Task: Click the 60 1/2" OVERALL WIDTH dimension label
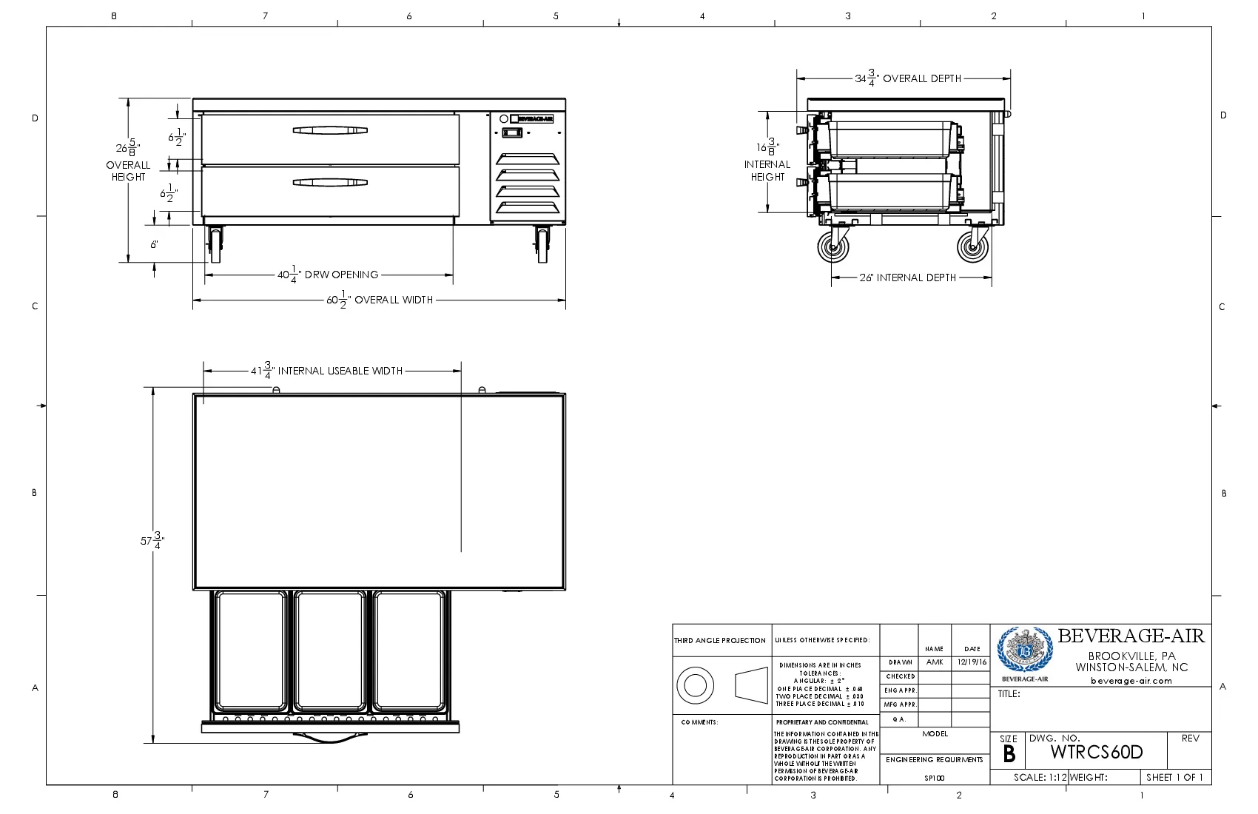[x=380, y=300]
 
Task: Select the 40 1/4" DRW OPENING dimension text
[x=328, y=275]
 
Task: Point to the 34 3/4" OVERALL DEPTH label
[x=908, y=78]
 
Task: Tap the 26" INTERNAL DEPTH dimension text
[x=908, y=277]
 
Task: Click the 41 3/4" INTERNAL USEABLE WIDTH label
[x=326, y=371]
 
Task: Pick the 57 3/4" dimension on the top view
[x=152, y=541]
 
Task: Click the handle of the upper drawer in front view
[x=330, y=130]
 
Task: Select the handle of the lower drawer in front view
[x=330, y=182]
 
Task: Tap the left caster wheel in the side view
[x=834, y=246]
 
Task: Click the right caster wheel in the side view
[x=973, y=246]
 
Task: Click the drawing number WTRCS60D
[x=1097, y=753]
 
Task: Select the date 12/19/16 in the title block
[x=972, y=662]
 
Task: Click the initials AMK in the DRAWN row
[x=935, y=662]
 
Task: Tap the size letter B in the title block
[x=1009, y=754]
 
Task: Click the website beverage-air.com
[x=1131, y=681]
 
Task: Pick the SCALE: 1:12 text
[x=1040, y=777]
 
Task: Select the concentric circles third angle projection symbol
[x=695, y=684]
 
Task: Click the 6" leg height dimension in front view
[x=154, y=244]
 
